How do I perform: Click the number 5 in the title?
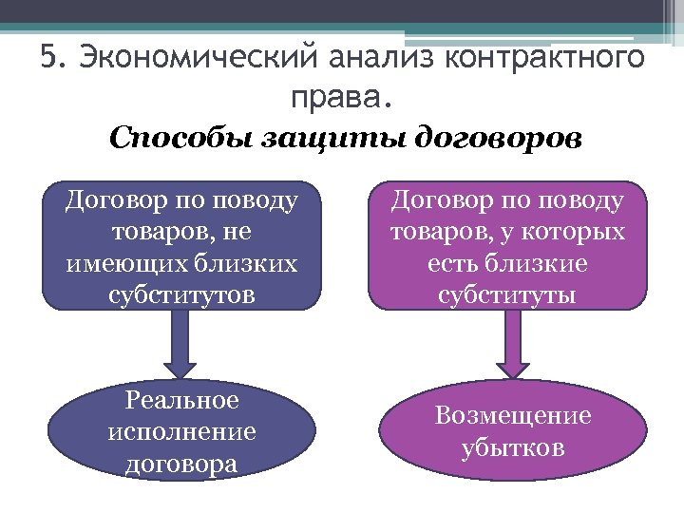pos(49,58)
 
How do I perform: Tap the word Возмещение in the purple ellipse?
pos(513,415)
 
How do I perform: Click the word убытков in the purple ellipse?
pos(513,446)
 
